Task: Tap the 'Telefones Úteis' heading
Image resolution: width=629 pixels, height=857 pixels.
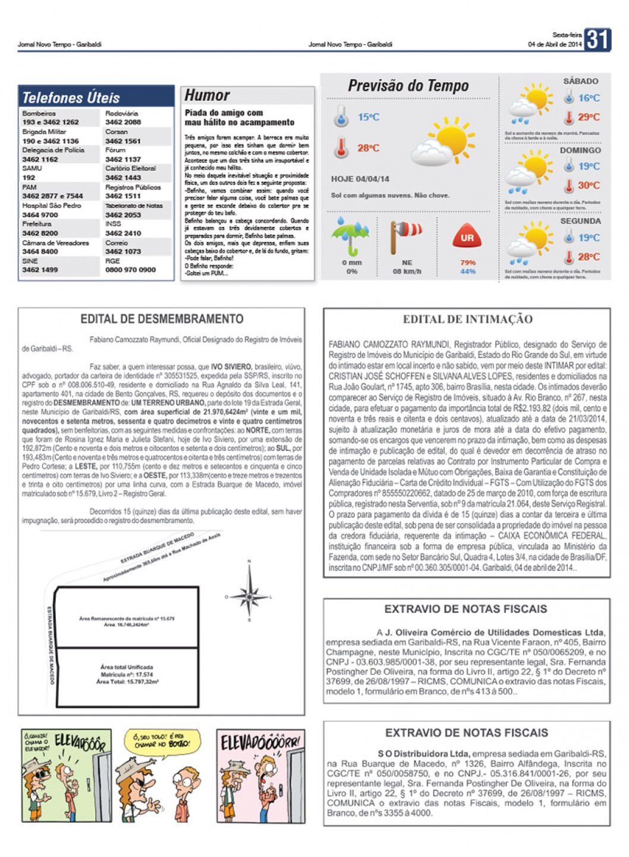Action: pyautogui.click(x=71, y=97)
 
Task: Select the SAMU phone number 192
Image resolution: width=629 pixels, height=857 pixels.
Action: pyautogui.click(x=29, y=178)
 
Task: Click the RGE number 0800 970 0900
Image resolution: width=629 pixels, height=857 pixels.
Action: pyautogui.click(x=130, y=270)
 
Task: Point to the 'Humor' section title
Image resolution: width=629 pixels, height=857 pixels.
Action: pyautogui.click(x=207, y=95)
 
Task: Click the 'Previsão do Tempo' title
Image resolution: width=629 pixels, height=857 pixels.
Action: pyautogui.click(x=408, y=86)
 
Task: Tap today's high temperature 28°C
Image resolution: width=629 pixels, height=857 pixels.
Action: pyautogui.click(x=368, y=148)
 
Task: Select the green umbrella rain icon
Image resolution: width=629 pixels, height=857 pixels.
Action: pyautogui.click(x=350, y=235)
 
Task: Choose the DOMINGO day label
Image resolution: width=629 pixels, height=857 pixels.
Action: pyautogui.click(x=580, y=151)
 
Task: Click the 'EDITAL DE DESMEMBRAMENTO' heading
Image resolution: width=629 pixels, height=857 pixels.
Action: pyautogui.click(x=162, y=319)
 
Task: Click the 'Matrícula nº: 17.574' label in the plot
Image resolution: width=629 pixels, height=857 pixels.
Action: pyautogui.click(x=127, y=675)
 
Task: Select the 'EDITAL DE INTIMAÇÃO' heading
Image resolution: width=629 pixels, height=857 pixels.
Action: pyautogui.click(x=467, y=320)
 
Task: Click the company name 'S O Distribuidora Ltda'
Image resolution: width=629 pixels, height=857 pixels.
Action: pyautogui.click(x=424, y=754)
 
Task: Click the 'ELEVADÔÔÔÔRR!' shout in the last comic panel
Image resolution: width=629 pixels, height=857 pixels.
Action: pyautogui.click(x=260, y=742)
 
